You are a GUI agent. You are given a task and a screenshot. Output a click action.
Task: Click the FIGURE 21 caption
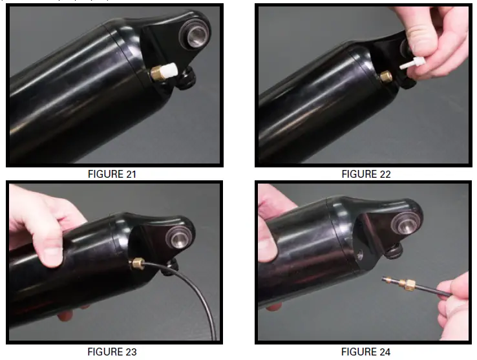pos(112,174)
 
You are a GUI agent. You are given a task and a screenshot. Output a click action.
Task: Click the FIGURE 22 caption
pos(366,174)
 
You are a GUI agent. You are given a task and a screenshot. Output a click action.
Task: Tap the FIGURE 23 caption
pos(112,352)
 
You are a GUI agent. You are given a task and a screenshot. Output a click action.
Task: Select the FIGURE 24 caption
pos(366,352)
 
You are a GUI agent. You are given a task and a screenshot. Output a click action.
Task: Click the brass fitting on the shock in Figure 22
pos(387,76)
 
